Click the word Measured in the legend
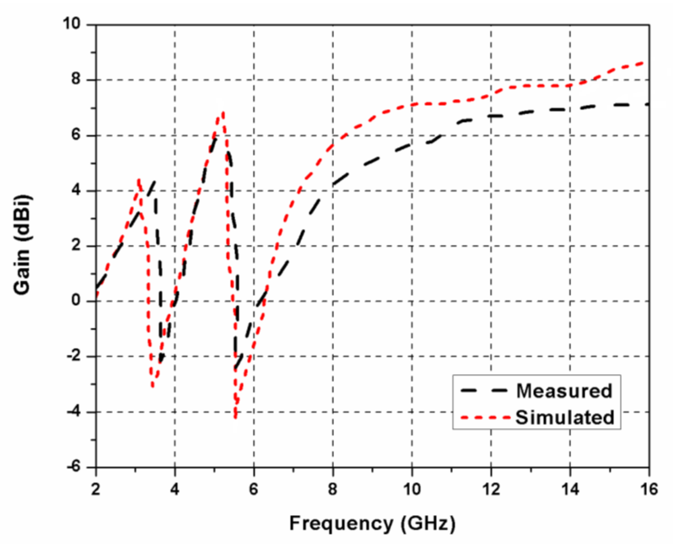click(564, 391)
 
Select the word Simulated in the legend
click(565, 417)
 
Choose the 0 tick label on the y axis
click(76, 301)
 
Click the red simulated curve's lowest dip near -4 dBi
click(236, 418)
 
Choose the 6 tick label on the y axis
click(76, 135)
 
